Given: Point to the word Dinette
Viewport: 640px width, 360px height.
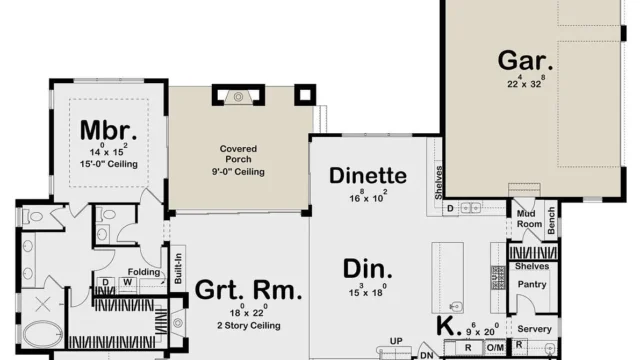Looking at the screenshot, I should pos(368,177).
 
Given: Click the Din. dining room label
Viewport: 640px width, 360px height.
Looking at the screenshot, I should pos(367,267).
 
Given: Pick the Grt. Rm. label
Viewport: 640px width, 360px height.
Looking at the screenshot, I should pos(248,291).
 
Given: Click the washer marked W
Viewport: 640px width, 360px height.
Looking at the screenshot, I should pos(129,283).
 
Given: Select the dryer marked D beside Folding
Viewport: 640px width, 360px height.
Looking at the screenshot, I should pos(105,283).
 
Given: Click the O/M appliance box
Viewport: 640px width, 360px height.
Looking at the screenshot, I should pos(495,347).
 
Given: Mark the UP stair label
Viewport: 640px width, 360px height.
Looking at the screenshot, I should pos(396,342).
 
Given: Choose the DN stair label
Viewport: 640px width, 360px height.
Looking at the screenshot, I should pos(426,354).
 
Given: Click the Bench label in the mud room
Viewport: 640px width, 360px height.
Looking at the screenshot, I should pos(551,224).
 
